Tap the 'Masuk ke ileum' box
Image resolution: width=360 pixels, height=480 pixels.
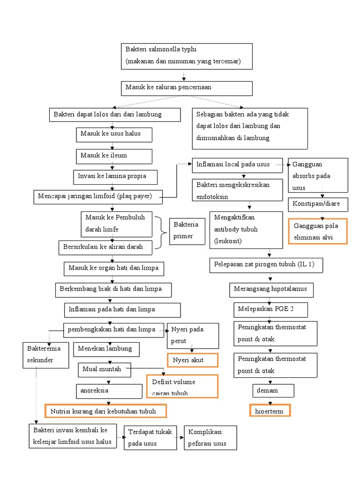[114, 156]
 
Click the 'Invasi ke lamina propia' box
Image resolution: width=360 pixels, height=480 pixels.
[115, 177]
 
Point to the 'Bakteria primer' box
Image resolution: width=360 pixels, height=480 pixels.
[187, 231]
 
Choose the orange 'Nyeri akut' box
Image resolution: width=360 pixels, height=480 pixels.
[192, 360]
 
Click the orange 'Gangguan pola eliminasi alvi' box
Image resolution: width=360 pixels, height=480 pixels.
[317, 232]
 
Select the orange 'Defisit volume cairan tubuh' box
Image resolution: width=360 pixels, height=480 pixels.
[182, 386]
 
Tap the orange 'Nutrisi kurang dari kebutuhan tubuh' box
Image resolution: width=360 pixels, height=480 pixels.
[105, 411]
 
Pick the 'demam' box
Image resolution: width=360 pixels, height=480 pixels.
[273, 390]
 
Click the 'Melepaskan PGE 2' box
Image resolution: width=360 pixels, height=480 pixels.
[270, 310]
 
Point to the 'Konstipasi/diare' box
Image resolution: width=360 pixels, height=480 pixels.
[317, 205]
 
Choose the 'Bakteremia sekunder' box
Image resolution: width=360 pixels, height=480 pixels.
[45, 355]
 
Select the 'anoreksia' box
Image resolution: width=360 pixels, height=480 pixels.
[109, 391]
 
